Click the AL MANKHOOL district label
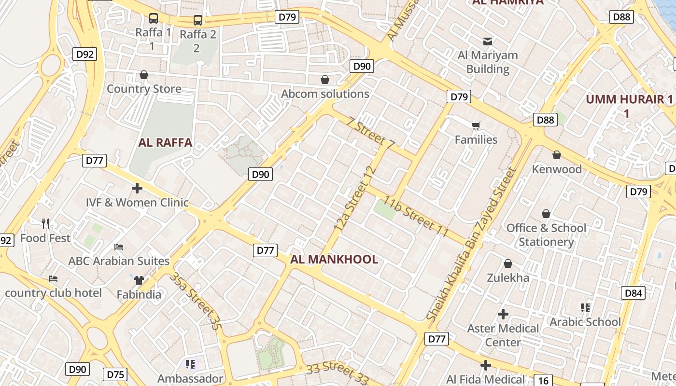(334, 260)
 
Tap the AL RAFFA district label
(165, 143)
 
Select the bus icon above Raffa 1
(153, 18)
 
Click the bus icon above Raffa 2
(197, 20)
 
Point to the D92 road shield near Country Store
(85, 55)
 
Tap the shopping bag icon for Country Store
(143, 75)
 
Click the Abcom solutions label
(325, 94)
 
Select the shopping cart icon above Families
(476, 126)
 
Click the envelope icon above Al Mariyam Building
(488, 41)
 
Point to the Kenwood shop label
(557, 169)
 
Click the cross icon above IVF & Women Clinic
(137, 188)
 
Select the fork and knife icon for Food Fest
(45, 223)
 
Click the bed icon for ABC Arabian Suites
(119, 247)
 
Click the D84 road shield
(633, 293)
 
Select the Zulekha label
(507, 278)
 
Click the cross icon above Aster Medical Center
(503, 314)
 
